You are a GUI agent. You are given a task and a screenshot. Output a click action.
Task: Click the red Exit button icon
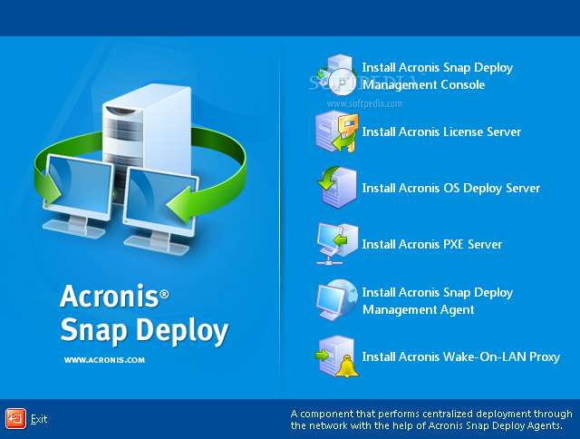(16, 419)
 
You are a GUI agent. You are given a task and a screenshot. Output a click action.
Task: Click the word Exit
(39, 419)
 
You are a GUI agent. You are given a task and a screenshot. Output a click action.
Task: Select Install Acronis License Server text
(441, 132)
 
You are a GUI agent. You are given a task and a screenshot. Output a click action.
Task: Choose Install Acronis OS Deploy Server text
(451, 188)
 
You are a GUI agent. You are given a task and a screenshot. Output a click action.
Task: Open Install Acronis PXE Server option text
(431, 244)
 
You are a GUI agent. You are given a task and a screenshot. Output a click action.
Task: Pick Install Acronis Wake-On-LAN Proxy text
(461, 356)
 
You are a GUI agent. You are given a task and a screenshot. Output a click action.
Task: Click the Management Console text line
(423, 84)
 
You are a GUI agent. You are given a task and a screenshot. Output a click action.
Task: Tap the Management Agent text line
(418, 309)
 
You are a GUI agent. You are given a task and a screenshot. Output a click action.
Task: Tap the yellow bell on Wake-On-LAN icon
(346, 366)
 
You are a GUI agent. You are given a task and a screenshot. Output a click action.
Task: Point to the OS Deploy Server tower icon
(337, 187)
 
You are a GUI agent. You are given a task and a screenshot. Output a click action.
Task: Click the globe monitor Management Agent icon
(337, 300)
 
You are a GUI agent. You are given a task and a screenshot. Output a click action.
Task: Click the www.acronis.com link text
(104, 360)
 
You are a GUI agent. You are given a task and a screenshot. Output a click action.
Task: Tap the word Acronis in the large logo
(110, 296)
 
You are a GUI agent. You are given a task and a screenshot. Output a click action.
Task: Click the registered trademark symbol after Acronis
(164, 294)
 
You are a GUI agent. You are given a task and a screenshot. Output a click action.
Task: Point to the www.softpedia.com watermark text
(364, 103)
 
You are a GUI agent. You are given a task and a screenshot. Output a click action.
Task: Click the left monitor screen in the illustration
(79, 186)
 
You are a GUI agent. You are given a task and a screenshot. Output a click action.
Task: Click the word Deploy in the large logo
(182, 330)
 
